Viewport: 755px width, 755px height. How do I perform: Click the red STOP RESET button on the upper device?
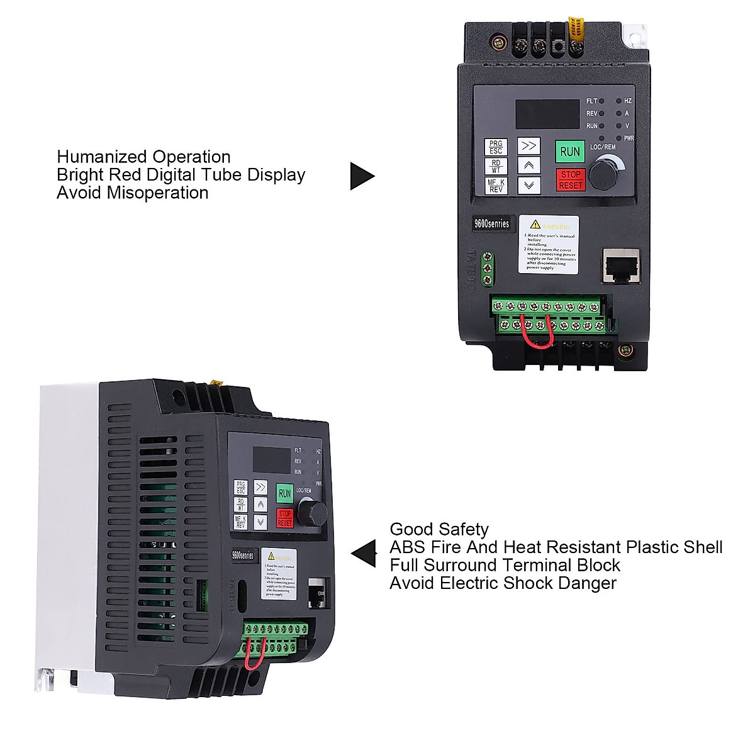click(x=571, y=179)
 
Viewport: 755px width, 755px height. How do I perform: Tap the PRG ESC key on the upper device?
click(x=496, y=147)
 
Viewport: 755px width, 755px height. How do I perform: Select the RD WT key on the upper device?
click(x=496, y=166)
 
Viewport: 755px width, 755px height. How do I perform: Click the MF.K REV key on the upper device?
click(x=496, y=186)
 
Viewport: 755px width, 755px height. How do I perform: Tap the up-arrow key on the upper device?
click(x=529, y=165)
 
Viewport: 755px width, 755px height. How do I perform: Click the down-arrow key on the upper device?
click(x=529, y=185)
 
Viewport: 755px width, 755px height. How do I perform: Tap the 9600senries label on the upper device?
click(x=492, y=223)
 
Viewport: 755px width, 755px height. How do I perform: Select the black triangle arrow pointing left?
click(x=365, y=554)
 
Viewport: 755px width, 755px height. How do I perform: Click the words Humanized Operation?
click(x=143, y=157)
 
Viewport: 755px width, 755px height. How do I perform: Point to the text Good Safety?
click(x=439, y=529)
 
